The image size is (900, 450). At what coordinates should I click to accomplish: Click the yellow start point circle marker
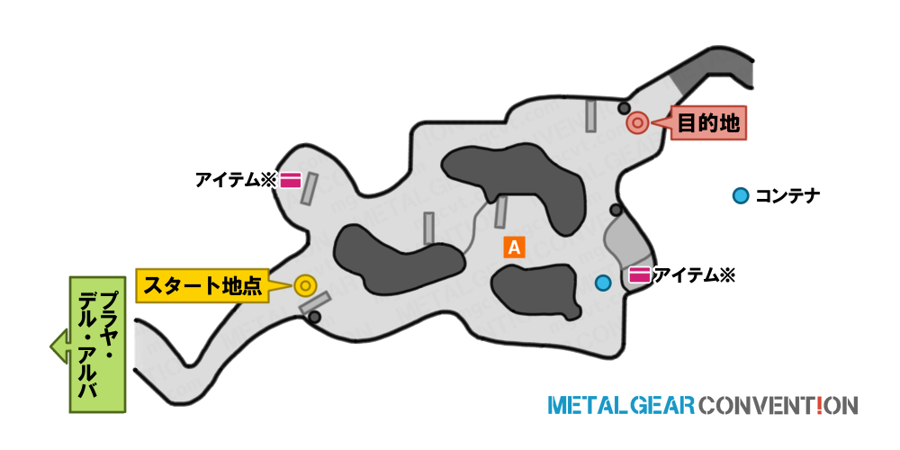(x=305, y=285)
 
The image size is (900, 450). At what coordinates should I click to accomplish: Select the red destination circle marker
(x=636, y=122)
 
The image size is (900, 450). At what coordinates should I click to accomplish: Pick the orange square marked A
(x=514, y=247)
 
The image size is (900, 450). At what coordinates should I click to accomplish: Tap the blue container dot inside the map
(x=603, y=283)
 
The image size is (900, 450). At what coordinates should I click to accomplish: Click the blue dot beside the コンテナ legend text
(x=741, y=196)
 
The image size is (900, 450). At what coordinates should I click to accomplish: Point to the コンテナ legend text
(x=787, y=196)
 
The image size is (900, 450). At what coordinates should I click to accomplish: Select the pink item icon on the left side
(x=291, y=181)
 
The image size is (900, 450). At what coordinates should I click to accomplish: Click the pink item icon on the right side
(x=639, y=275)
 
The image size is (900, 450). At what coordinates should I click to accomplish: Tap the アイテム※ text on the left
(x=236, y=181)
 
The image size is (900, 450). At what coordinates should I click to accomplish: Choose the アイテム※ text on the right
(x=694, y=275)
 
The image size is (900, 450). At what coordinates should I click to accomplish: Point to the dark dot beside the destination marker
(x=624, y=108)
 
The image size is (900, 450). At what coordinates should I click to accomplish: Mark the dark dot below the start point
(x=314, y=317)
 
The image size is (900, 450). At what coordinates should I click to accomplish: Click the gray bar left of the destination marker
(x=590, y=115)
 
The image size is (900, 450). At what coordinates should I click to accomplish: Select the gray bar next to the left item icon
(x=310, y=188)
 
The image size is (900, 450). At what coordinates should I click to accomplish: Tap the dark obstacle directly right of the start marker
(x=395, y=256)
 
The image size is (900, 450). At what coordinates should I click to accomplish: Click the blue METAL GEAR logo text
(x=622, y=405)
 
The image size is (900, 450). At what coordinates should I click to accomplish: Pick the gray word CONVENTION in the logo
(x=778, y=405)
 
